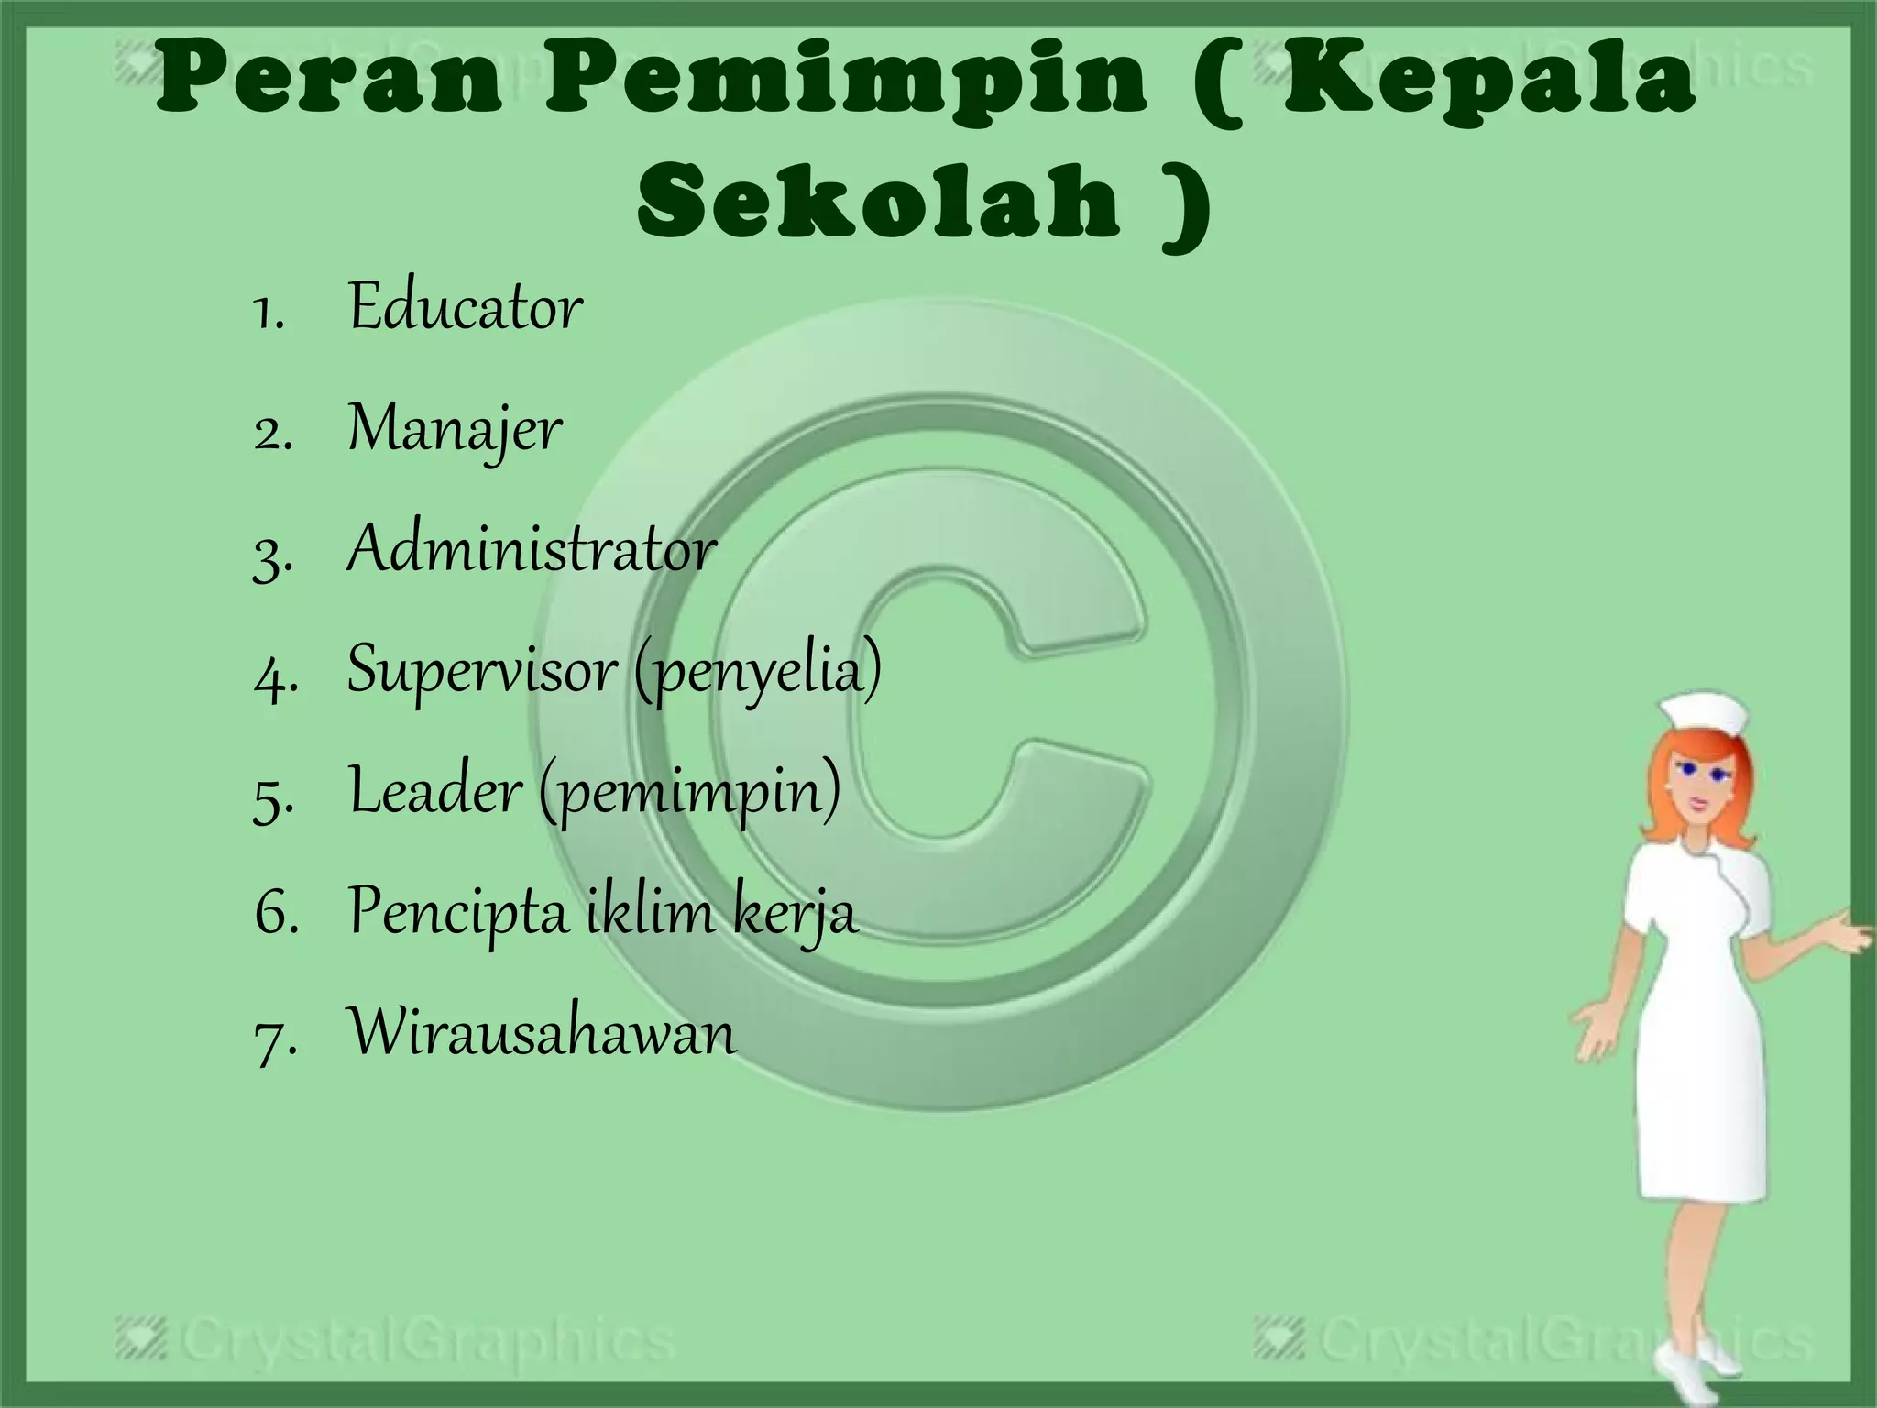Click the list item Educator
point(465,306)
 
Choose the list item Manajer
point(454,429)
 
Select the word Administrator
point(532,549)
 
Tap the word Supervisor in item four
point(482,669)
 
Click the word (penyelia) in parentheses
point(757,671)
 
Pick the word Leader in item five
point(435,790)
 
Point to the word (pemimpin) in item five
point(689,792)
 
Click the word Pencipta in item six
point(458,912)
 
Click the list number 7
point(274,1036)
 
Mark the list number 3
point(272,553)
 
